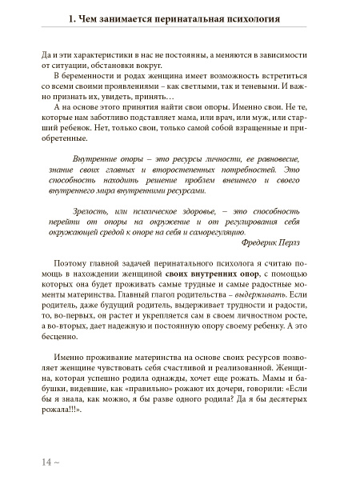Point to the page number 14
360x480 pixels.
tap(22, 462)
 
